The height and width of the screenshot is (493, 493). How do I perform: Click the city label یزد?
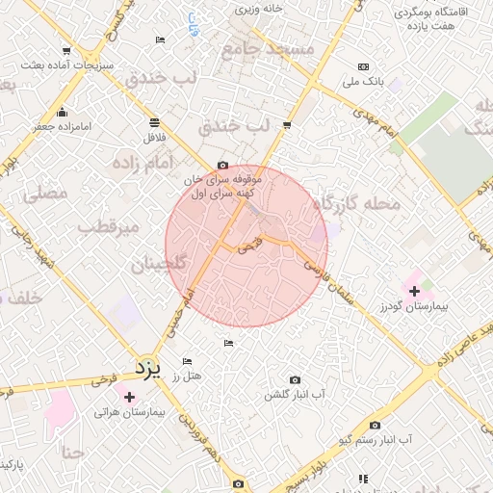[145, 367]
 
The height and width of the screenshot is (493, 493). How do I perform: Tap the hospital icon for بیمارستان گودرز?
[415, 290]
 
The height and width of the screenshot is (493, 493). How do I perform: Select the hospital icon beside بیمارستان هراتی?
[129, 396]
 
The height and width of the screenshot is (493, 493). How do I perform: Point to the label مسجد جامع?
[268, 47]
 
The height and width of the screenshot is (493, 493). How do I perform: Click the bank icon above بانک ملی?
[363, 66]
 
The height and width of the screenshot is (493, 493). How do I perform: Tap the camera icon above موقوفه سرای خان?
[223, 165]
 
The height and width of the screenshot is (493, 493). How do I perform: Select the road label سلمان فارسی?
[328, 279]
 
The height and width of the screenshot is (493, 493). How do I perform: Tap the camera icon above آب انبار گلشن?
[295, 380]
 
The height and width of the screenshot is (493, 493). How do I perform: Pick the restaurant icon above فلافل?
[154, 122]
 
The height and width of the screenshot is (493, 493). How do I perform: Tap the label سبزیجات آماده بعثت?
[65, 65]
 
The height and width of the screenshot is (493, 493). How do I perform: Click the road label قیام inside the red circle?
[249, 246]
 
